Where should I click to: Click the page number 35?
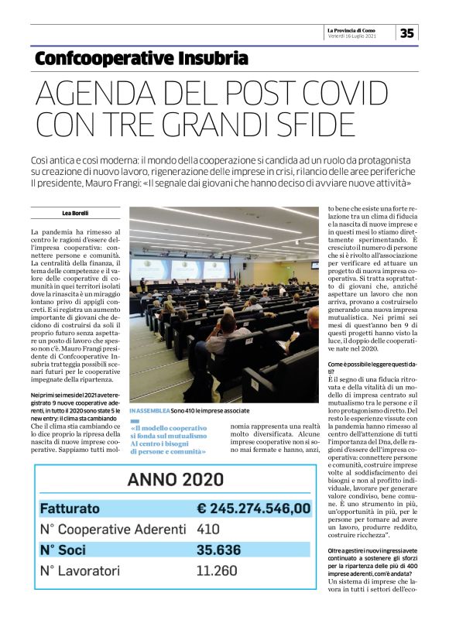pos(406,33)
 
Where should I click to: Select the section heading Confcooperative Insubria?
pos(142,58)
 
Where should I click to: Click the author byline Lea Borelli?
pos(76,213)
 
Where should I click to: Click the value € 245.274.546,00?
pos(253,509)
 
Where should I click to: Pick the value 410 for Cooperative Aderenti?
pos(209,530)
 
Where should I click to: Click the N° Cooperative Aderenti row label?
pos(113,530)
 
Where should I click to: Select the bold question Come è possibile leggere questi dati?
pos(362,367)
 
